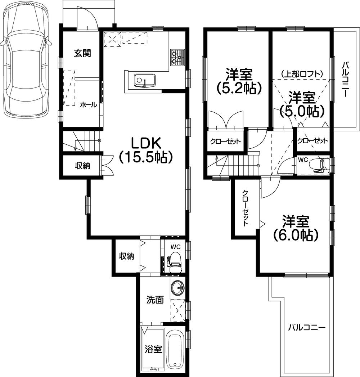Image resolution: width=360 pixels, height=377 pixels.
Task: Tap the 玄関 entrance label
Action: (82, 53)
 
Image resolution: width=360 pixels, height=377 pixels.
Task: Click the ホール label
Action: (88, 105)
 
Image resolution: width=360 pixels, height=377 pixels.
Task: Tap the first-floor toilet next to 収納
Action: (175, 260)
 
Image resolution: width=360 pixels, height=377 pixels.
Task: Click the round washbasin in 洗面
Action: (177, 288)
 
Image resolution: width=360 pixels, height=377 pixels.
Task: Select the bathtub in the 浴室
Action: (176, 350)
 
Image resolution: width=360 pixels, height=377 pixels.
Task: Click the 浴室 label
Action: (153, 349)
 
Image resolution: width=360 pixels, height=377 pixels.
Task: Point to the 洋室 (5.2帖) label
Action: (238, 81)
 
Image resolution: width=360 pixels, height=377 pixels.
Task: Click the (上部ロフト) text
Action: (302, 74)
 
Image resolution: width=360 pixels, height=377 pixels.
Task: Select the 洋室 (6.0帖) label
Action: (295, 228)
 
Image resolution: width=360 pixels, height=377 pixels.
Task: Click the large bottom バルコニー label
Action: (307, 328)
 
